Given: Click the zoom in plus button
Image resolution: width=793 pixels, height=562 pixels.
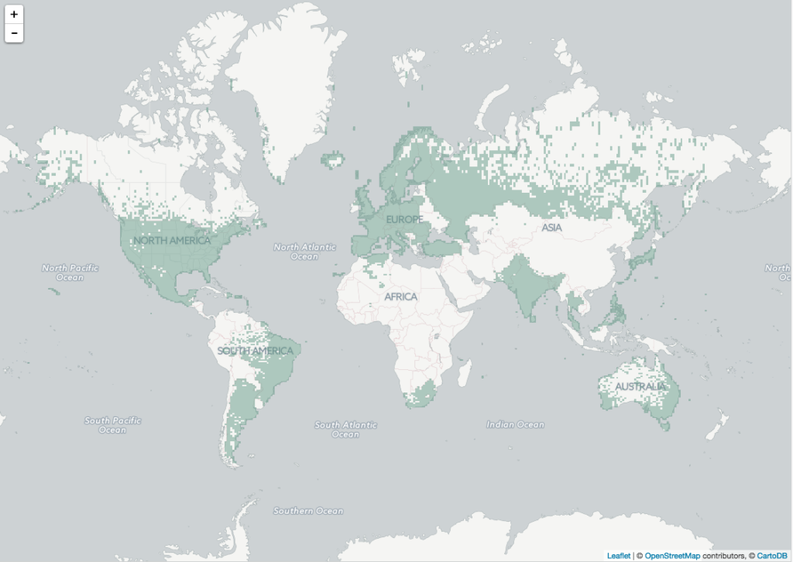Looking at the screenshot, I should pos(14,14).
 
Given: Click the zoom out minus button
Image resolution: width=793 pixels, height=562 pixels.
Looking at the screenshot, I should pos(14,33).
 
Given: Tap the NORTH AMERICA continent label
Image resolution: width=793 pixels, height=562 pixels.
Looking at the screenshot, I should pos(171,240).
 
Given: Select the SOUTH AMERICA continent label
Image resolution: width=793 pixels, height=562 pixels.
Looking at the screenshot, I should pos(256,351).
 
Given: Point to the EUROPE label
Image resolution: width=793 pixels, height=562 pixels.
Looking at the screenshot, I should pos(405,220).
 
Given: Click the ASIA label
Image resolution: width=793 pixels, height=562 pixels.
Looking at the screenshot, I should pos(551,228).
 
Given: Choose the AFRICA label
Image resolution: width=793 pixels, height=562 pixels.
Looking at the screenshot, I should pos(400,296).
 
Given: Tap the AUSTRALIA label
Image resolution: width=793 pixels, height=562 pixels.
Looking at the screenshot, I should pos(640,386).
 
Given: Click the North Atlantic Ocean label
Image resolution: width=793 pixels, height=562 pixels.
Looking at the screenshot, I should pos(304,252).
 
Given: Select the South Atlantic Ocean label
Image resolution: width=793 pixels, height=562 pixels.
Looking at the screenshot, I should pos(345,429).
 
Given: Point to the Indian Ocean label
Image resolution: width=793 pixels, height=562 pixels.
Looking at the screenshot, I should pos(515,424).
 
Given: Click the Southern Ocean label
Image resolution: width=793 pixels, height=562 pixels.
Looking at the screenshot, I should pos(307,511).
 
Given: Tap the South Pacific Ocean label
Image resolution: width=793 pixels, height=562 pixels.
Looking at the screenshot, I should pos(113,425).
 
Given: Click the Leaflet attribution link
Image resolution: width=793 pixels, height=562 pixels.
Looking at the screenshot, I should pos(618,555).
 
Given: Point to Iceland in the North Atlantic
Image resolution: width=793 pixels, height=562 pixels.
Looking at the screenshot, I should pos(334,160).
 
